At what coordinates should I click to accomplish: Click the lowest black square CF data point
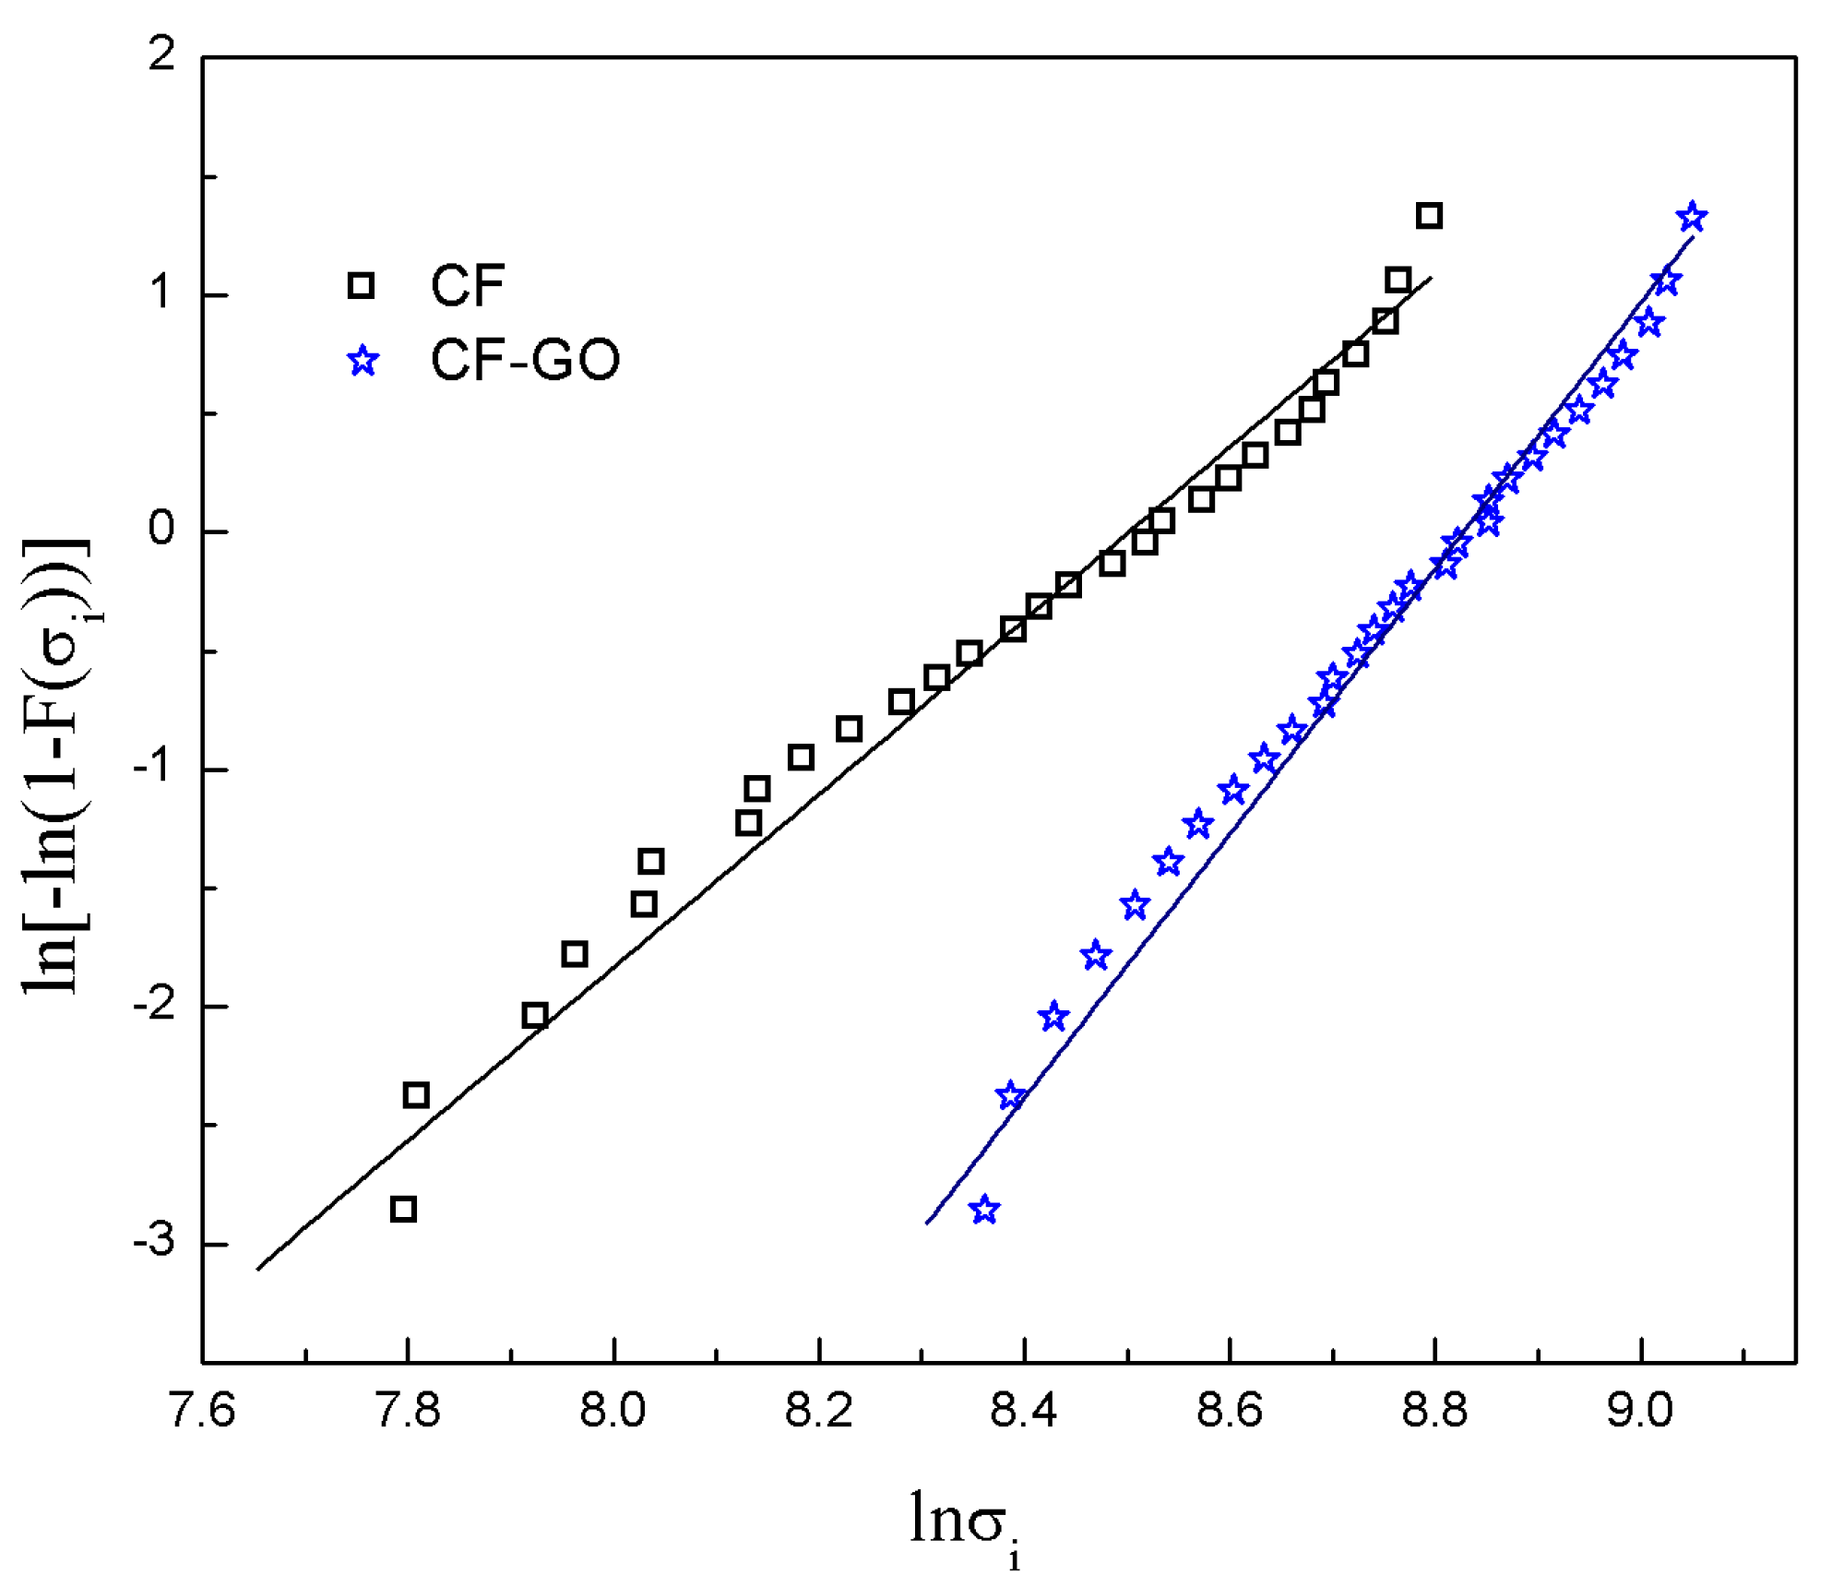pyautogui.click(x=403, y=1209)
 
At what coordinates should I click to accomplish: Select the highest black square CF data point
pyautogui.click(x=1429, y=216)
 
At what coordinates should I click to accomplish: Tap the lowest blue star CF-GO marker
pyautogui.click(x=984, y=1210)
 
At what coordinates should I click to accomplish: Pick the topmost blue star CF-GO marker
pyautogui.click(x=1692, y=218)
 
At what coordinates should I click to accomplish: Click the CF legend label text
pyautogui.click(x=468, y=285)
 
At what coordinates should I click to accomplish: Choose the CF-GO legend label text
pyautogui.click(x=525, y=360)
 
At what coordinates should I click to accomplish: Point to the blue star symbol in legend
pyautogui.click(x=363, y=361)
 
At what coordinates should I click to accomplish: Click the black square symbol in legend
pyautogui.click(x=361, y=285)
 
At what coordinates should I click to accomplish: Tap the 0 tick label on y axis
pyautogui.click(x=161, y=531)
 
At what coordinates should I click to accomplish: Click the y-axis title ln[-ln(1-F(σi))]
pyautogui.click(x=57, y=766)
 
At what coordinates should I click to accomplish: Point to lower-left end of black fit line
pyautogui.click(x=258, y=1269)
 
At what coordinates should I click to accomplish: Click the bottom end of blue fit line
pyautogui.click(x=927, y=1223)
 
